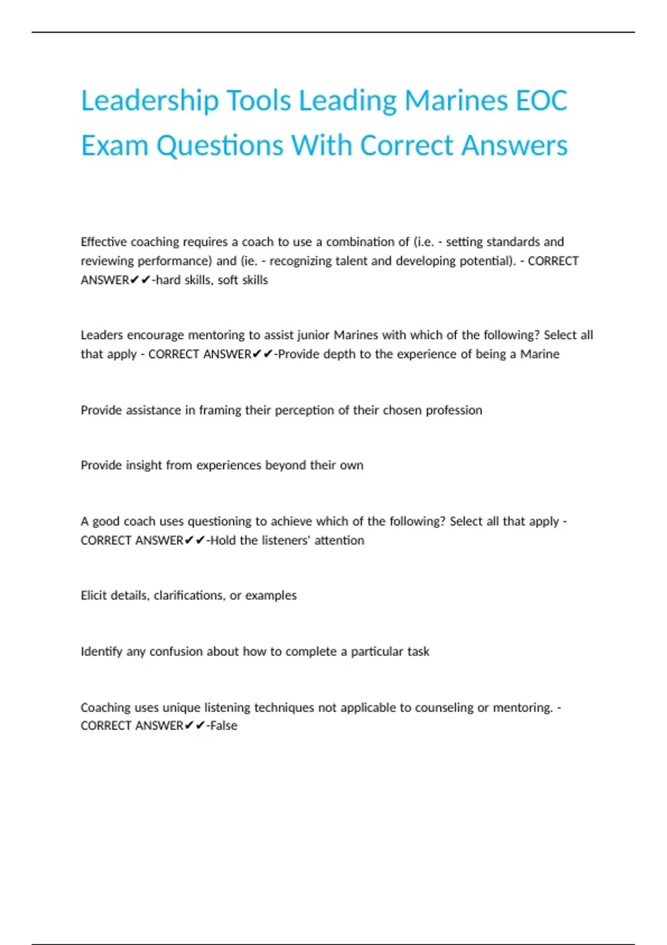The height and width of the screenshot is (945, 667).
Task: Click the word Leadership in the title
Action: coord(150,101)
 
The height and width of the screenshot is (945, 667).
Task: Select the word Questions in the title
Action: coord(220,146)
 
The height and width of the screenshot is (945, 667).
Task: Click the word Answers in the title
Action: coord(514,146)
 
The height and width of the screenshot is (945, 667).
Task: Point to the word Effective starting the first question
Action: coord(103,242)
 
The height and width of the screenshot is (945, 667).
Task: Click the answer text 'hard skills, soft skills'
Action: coord(212,280)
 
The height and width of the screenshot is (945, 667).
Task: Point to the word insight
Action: coord(143,465)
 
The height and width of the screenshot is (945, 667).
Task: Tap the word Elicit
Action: coord(93,595)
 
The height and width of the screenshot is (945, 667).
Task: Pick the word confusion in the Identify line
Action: coord(176,651)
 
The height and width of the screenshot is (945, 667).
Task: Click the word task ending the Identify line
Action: coord(418,651)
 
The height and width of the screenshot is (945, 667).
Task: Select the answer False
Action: coord(223,726)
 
